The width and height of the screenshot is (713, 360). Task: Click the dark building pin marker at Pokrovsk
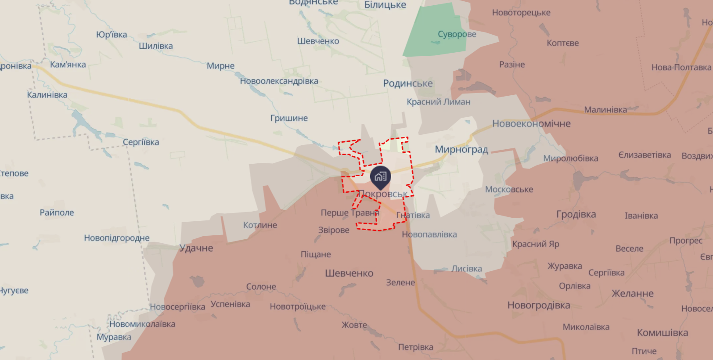(x=380, y=176)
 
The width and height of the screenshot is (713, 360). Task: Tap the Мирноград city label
(x=461, y=149)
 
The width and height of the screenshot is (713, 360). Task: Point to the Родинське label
(x=407, y=83)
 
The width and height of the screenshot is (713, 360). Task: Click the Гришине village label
(x=289, y=118)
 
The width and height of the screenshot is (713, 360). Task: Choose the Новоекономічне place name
(x=531, y=124)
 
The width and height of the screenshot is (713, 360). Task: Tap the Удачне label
(x=196, y=248)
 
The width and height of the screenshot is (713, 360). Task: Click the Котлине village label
(x=260, y=225)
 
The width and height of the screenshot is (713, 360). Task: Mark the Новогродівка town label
(x=538, y=305)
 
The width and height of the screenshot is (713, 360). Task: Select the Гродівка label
(x=576, y=214)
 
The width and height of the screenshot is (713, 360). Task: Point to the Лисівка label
(x=466, y=269)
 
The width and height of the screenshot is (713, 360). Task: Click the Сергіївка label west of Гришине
(x=140, y=142)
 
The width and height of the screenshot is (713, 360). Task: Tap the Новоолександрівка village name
(x=279, y=81)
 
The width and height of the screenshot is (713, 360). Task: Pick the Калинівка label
(x=47, y=95)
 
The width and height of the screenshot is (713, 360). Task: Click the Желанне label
(x=632, y=293)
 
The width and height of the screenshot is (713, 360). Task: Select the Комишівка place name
(x=662, y=333)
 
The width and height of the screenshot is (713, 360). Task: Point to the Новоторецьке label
(x=521, y=13)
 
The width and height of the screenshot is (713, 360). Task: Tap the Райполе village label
(x=57, y=212)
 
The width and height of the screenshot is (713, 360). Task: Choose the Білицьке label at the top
(x=385, y=5)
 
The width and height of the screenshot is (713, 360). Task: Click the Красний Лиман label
(x=438, y=102)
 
